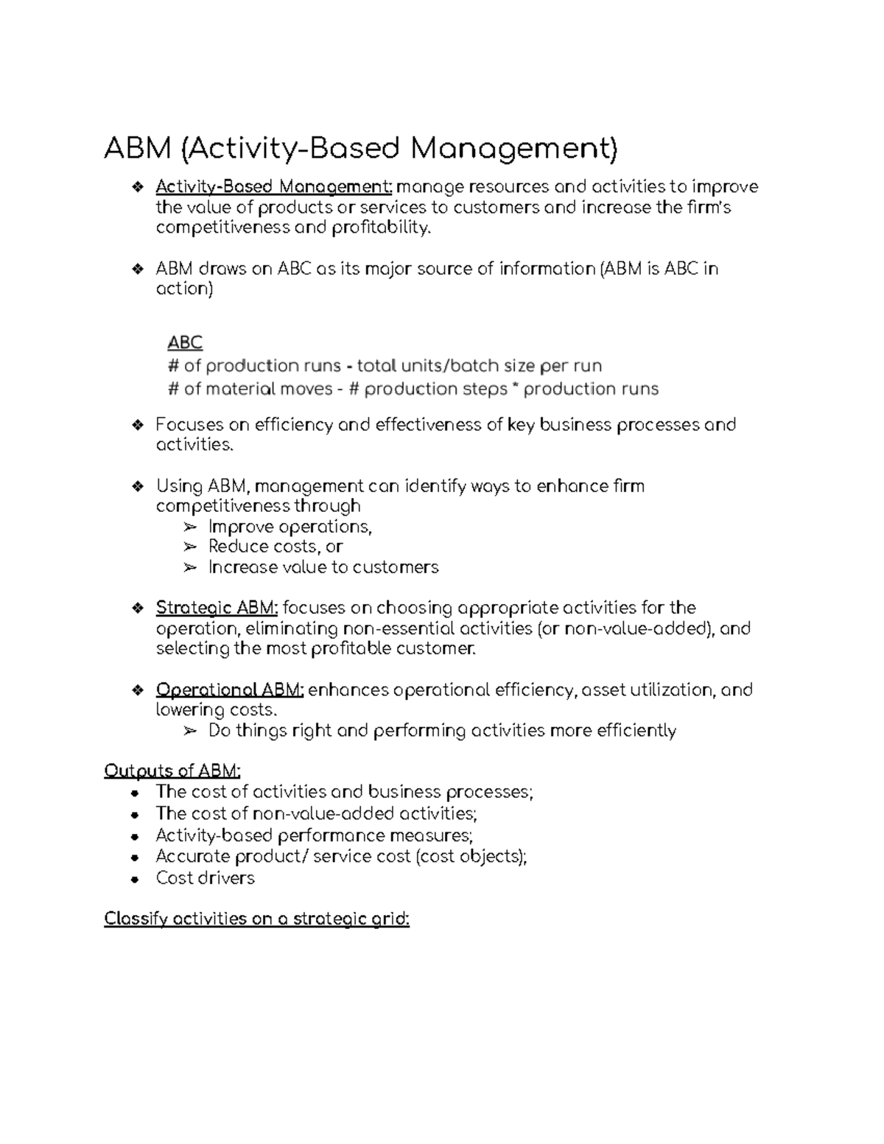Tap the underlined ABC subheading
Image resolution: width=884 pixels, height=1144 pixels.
click(x=185, y=343)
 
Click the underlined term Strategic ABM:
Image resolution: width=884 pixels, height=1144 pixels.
click(x=217, y=608)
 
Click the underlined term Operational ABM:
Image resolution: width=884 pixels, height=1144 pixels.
click(x=229, y=690)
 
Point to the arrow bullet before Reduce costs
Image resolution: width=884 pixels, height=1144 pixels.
click(x=190, y=547)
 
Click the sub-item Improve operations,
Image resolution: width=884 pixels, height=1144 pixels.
click(x=290, y=527)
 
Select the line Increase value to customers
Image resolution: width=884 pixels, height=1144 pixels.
click(x=323, y=567)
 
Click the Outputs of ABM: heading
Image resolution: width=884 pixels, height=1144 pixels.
click(x=172, y=771)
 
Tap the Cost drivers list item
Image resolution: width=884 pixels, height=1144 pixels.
click(x=205, y=878)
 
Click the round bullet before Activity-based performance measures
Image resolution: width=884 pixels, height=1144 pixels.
click(x=133, y=837)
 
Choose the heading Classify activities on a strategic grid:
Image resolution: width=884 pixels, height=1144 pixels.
click(x=256, y=919)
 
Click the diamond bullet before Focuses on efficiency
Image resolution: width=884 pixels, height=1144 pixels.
click(x=137, y=425)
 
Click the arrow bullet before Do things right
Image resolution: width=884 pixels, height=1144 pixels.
click(x=190, y=731)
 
